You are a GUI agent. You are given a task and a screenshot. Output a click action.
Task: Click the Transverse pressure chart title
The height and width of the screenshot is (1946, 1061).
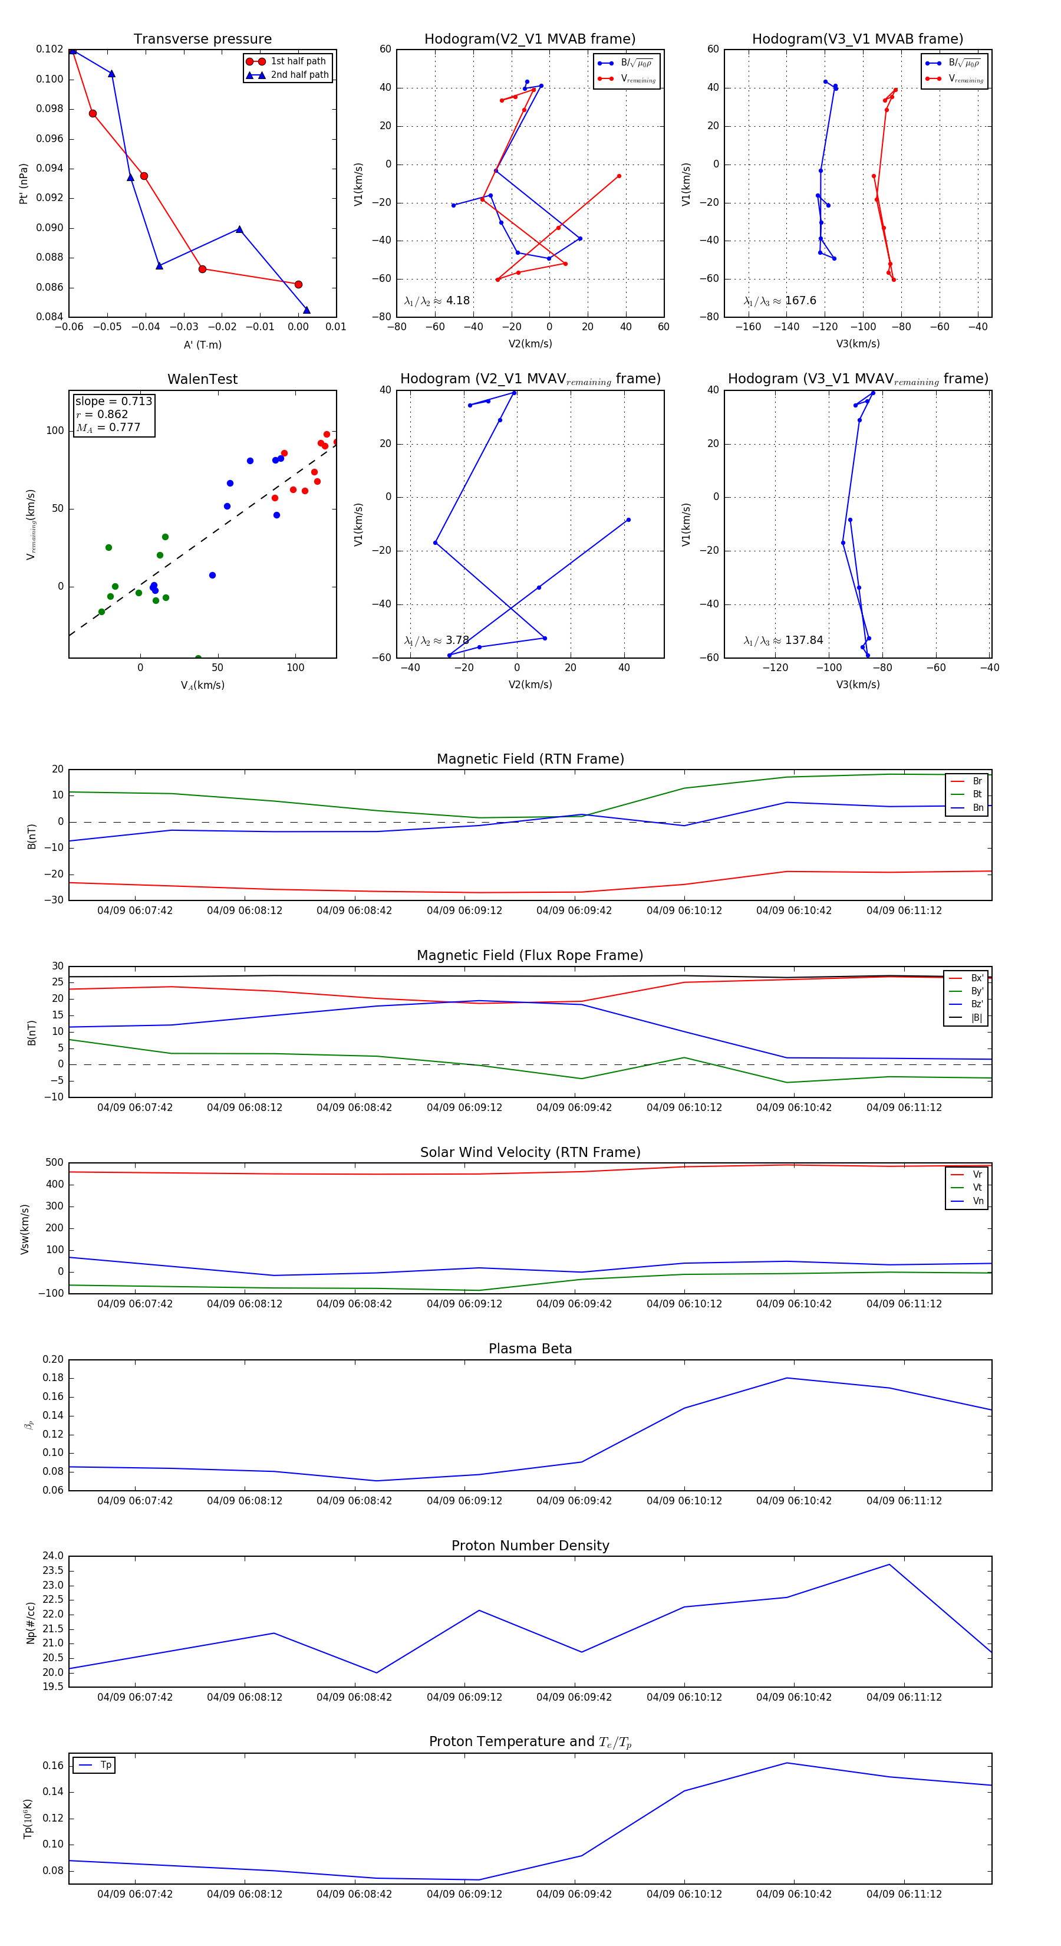pyautogui.click(x=202, y=40)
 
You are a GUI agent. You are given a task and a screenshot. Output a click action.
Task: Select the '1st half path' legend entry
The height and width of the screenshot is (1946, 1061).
pyautogui.click(x=298, y=61)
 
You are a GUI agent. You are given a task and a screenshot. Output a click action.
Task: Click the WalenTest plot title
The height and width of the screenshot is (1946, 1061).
pyautogui.click(x=202, y=379)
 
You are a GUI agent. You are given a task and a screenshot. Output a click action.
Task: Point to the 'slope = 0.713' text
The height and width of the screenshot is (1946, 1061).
pyautogui.click(x=113, y=401)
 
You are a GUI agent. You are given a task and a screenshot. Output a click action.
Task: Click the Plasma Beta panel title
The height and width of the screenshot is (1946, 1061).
pyautogui.click(x=530, y=1349)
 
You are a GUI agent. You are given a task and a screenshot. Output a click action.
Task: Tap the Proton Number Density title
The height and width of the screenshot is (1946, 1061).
pyautogui.click(x=530, y=1546)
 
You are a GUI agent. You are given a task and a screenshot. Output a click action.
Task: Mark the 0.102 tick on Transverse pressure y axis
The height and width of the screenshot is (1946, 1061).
pyautogui.click(x=50, y=49)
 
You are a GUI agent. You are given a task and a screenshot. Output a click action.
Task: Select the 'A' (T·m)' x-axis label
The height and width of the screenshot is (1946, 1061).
pyautogui.click(x=202, y=344)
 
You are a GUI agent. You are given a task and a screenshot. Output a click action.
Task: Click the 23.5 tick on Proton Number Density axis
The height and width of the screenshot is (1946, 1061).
pyautogui.click(x=53, y=1570)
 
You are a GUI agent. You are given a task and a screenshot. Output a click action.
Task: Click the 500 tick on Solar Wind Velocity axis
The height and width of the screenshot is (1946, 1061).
pyautogui.click(x=54, y=1163)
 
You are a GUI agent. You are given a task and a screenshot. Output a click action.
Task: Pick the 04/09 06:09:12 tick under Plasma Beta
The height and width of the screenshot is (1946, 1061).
pyautogui.click(x=464, y=1500)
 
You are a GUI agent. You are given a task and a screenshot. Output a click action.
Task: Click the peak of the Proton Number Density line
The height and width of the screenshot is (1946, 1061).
pyautogui.click(x=889, y=1564)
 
